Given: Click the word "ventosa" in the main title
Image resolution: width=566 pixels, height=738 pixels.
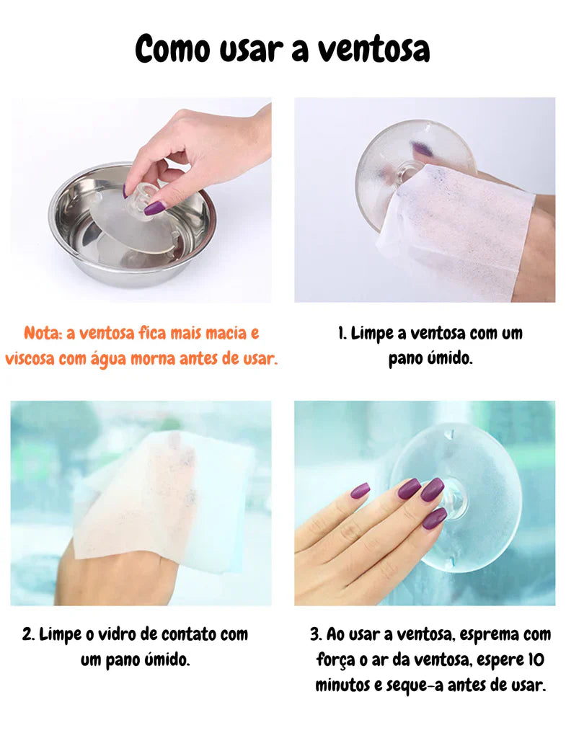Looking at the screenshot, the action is pos(373,49).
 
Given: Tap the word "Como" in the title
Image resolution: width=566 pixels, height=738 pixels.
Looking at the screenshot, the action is pos(172,49).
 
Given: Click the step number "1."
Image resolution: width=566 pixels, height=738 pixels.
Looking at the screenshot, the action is pos(342,333).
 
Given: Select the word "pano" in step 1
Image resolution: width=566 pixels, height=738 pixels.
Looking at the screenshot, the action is pos(404,359).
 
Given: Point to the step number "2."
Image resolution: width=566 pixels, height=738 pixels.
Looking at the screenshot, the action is pos(28,634).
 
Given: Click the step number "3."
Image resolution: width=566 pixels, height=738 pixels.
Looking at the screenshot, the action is pos(317,634).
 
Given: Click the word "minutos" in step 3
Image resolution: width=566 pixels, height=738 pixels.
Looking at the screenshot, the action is pos(342,685).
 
